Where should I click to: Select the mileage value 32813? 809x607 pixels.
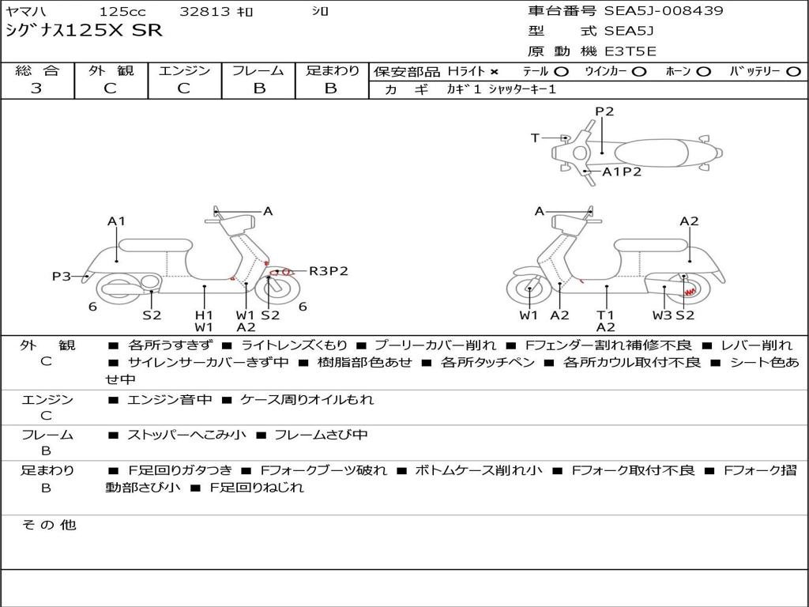[205, 12]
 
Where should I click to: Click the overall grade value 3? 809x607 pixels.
[36, 89]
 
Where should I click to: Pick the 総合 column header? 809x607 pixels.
[36, 70]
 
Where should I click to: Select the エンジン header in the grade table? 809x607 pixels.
[184, 70]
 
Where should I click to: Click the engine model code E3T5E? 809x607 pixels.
[630, 51]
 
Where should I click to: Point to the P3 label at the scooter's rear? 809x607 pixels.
[62, 276]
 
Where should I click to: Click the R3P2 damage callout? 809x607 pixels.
[328, 271]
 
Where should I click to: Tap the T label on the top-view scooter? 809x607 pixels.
[535, 138]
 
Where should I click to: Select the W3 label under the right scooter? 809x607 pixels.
[662, 315]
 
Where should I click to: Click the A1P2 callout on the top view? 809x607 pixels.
[622, 172]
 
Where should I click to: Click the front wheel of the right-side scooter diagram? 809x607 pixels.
[529, 292]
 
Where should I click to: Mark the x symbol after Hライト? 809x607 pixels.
[495, 71]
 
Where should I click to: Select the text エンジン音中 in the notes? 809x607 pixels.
[169, 400]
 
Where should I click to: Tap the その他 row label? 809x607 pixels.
[48, 525]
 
